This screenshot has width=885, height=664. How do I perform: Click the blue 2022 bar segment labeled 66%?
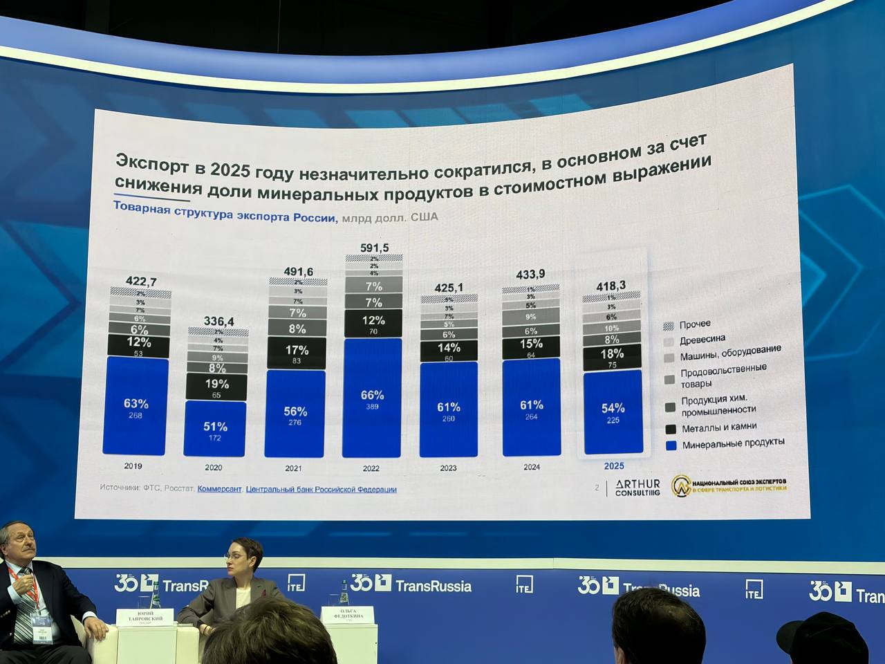click(x=372, y=398)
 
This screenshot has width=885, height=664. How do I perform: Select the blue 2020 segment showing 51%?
click(x=215, y=429)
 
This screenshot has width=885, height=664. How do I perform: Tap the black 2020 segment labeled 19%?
click(x=216, y=387)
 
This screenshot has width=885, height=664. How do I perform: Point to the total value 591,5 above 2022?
click(x=375, y=248)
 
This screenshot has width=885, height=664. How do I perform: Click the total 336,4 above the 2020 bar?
click(x=218, y=322)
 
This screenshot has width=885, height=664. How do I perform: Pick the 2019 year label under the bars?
click(x=133, y=466)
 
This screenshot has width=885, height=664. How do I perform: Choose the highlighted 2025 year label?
click(x=614, y=465)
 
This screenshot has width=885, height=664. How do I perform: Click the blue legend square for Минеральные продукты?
click(x=669, y=445)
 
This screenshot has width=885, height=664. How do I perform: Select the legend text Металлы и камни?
click(x=719, y=428)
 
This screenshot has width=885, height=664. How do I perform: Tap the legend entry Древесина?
click(x=702, y=340)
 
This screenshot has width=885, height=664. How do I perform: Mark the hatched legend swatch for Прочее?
click(x=669, y=326)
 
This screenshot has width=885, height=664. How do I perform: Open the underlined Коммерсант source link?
click(x=219, y=488)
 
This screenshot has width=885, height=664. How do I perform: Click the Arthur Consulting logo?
click(x=637, y=488)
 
